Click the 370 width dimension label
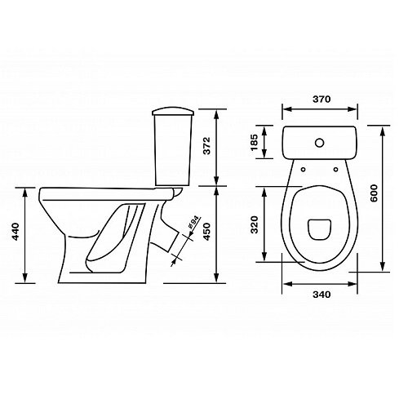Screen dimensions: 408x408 coord(322,99)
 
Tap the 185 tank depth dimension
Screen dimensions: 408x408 coord(254,142)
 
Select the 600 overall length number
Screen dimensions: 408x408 coord(374,193)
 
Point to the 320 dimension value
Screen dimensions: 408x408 coord(255,224)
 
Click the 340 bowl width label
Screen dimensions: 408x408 coord(322,295)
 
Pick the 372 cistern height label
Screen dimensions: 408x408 coord(207,146)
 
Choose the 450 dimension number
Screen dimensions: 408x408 coord(207,232)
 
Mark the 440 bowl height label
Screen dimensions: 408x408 coord(16,232)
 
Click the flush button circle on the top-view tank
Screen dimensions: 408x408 coord(319,143)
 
